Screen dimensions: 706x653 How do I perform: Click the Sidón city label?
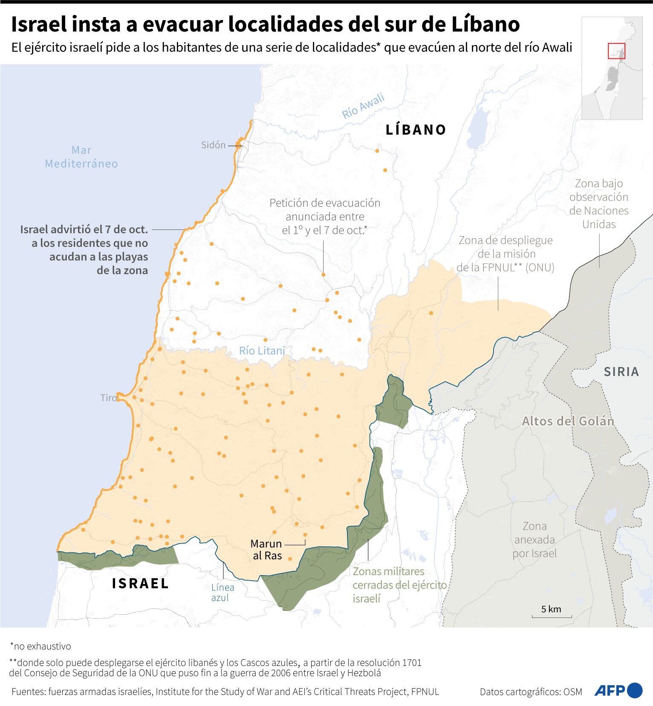click(x=213, y=145)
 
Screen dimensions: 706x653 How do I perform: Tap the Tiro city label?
click(x=108, y=398)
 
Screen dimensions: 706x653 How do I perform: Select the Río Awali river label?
click(x=363, y=106)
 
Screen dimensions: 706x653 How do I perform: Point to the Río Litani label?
click(x=262, y=351)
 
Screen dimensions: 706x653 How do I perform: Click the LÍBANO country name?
click(x=416, y=130)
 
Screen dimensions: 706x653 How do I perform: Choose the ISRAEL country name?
click(x=141, y=583)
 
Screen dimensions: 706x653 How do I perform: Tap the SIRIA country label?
click(x=621, y=372)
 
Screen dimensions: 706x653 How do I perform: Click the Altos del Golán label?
click(x=568, y=421)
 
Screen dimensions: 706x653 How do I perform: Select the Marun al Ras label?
click(x=266, y=550)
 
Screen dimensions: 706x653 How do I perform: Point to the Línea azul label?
click(x=222, y=593)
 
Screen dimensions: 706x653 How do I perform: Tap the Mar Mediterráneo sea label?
click(x=81, y=157)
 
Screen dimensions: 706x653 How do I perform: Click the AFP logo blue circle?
click(x=635, y=690)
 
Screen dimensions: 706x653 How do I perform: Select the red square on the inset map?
click(x=616, y=51)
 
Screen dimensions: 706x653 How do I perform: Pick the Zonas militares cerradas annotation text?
click(x=399, y=585)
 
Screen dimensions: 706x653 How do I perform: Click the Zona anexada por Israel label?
click(x=535, y=540)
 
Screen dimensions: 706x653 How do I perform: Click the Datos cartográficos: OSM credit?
click(x=531, y=692)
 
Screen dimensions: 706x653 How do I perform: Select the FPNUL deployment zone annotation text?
click(x=505, y=254)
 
